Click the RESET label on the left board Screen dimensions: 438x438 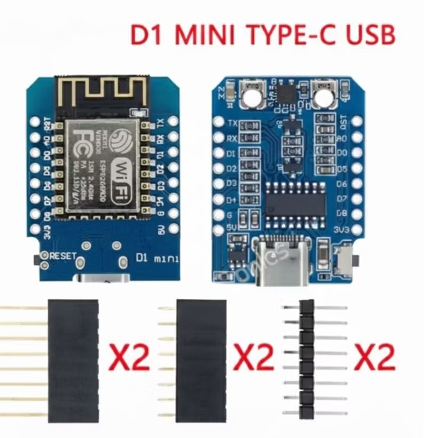click(x=63, y=257)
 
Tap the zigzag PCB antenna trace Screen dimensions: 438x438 click(x=100, y=91)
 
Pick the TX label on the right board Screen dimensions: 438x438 click(x=233, y=123)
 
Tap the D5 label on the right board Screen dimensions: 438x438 click(x=341, y=169)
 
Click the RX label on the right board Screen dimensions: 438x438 click(x=232, y=138)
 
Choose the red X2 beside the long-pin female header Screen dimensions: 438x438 click(x=130, y=357)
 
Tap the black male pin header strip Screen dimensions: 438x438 click(x=307, y=360)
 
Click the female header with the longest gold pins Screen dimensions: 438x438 click(x=73, y=360)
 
